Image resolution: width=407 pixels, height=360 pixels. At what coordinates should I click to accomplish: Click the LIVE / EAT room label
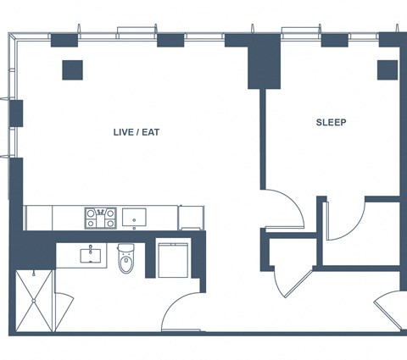(137, 132)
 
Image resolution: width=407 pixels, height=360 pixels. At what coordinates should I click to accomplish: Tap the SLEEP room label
(331, 122)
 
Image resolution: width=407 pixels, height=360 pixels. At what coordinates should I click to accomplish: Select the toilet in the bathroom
(125, 258)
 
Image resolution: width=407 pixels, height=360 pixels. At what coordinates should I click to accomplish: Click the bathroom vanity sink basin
(91, 256)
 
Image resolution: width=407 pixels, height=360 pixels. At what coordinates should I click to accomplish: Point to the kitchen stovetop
(100, 218)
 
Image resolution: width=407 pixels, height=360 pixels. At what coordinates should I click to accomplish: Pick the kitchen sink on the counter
(134, 217)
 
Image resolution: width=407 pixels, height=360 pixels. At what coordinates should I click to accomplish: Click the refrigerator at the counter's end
(191, 218)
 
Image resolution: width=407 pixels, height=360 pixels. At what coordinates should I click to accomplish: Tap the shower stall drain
(34, 301)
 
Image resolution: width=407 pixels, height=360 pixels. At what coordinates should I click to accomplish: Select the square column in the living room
(72, 70)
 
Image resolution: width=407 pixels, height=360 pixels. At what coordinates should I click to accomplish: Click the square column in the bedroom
(387, 70)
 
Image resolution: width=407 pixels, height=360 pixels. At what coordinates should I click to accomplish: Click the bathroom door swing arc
(174, 303)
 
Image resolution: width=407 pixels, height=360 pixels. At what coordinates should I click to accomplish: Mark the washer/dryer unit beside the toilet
(173, 260)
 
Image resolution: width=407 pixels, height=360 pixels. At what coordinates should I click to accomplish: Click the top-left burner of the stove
(91, 213)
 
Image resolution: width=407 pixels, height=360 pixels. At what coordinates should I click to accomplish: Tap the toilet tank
(125, 248)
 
